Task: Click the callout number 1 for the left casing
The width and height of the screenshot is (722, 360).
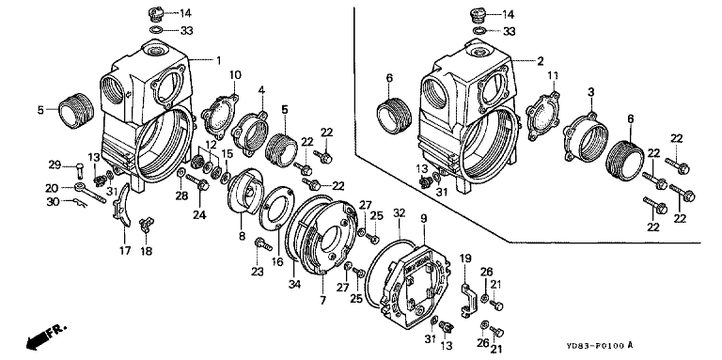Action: (x=219, y=60)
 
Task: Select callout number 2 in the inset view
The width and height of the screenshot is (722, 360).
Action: (x=541, y=61)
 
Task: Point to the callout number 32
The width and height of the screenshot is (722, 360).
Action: (x=400, y=213)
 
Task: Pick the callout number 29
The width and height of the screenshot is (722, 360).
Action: (x=55, y=164)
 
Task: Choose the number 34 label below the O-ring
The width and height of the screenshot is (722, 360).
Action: (x=294, y=285)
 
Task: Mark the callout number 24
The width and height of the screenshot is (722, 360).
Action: (x=200, y=214)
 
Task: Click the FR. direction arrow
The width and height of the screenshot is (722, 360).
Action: (x=45, y=335)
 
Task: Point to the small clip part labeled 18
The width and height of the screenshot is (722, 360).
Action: (x=147, y=224)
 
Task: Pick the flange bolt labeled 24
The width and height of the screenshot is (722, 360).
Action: (x=198, y=183)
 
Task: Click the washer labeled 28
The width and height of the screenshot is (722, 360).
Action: (x=180, y=173)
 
